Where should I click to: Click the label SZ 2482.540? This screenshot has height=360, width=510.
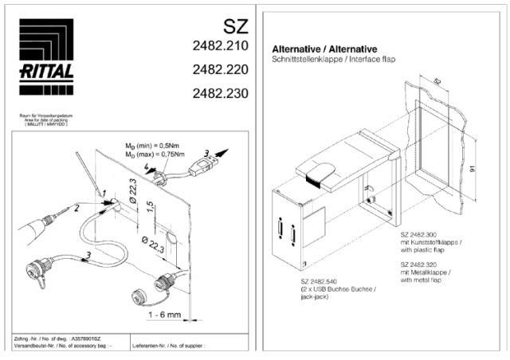[x=322, y=283]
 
